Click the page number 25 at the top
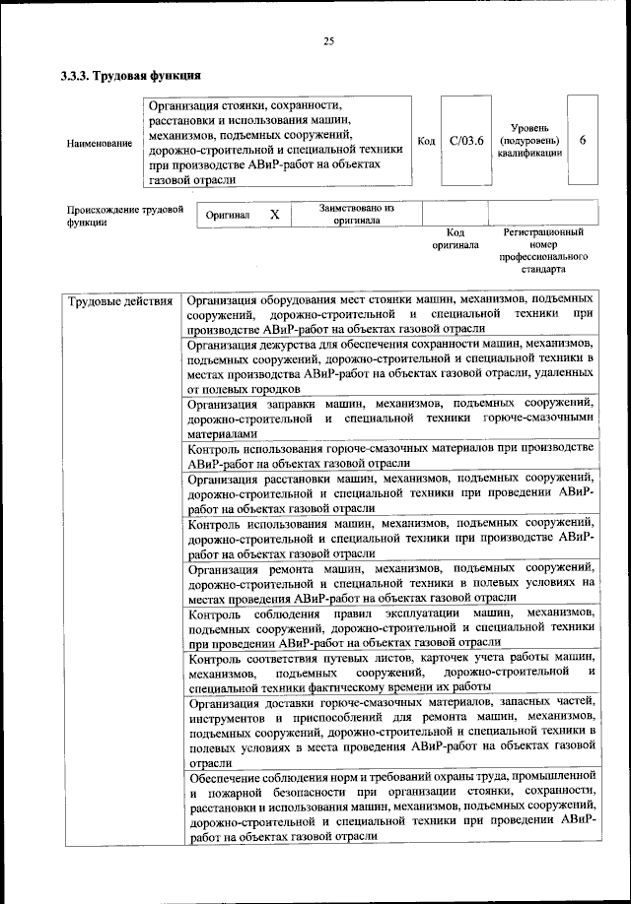coord(329,40)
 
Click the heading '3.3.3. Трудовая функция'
coord(131,75)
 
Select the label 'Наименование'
coord(100,144)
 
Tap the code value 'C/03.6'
coord(465,141)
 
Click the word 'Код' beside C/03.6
coord(426,142)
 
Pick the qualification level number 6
coord(583,141)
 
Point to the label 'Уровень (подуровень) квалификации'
coord(529,141)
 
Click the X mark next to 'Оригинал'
coord(275,214)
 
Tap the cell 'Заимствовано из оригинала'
coord(356,214)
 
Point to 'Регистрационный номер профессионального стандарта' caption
coord(543,250)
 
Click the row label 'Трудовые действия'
coord(119,299)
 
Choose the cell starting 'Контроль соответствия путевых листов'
coord(390,672)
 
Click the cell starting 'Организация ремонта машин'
coord(390,582)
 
